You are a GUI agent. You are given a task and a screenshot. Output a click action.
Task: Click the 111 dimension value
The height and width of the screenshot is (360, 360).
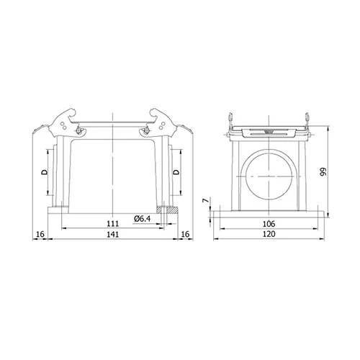(112, 223)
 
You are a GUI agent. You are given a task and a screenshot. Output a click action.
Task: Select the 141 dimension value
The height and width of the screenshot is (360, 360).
(112, 234)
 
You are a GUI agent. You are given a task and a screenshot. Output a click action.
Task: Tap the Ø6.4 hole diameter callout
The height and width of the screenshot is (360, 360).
(143, 219)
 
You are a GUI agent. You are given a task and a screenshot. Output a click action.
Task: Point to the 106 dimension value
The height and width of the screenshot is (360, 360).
(269, 224)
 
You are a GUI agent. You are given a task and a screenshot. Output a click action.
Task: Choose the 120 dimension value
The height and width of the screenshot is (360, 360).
(269, 234)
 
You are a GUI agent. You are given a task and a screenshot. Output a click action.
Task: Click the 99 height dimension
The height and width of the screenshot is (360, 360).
(323, 171)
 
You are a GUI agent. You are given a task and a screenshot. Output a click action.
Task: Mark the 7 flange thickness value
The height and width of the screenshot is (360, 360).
(206, 200)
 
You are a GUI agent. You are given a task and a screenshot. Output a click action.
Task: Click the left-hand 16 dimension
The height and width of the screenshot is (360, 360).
(40, 234)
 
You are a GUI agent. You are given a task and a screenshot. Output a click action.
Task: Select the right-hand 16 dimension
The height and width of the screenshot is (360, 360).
(185, 234)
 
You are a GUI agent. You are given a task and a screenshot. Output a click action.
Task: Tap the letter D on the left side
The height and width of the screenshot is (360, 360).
(45, 172)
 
